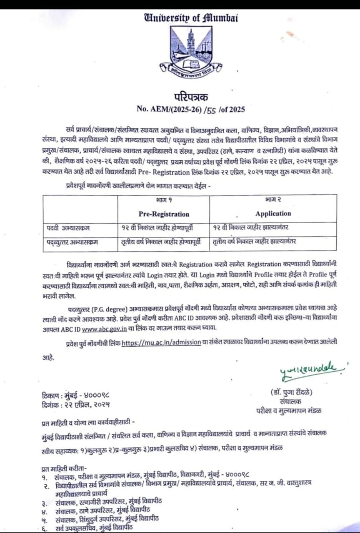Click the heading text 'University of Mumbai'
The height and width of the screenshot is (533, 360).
pos(190,17)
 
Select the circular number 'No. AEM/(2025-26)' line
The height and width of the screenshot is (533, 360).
pos(191,110)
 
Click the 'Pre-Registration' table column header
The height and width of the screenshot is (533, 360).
pos(164,214)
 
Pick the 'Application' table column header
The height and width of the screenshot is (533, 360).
pos(273,213)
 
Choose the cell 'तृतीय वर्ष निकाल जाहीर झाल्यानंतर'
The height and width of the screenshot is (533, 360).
pos(254,242)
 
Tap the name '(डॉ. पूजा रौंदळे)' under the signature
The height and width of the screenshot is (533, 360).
pos(291,392)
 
